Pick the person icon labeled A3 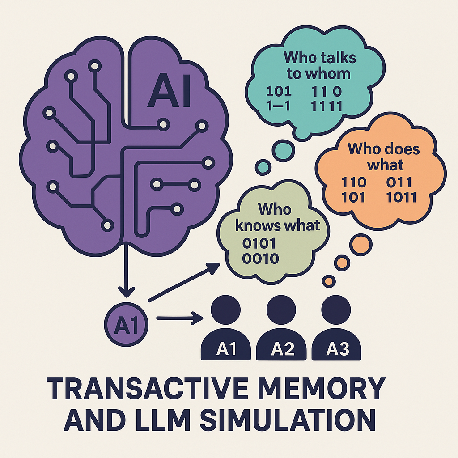tap(338, 331)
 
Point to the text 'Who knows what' tap(277, 217)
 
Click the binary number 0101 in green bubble tap(259, 244)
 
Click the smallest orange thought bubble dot tap(329, 281)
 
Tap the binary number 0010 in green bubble tap(259, 259)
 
